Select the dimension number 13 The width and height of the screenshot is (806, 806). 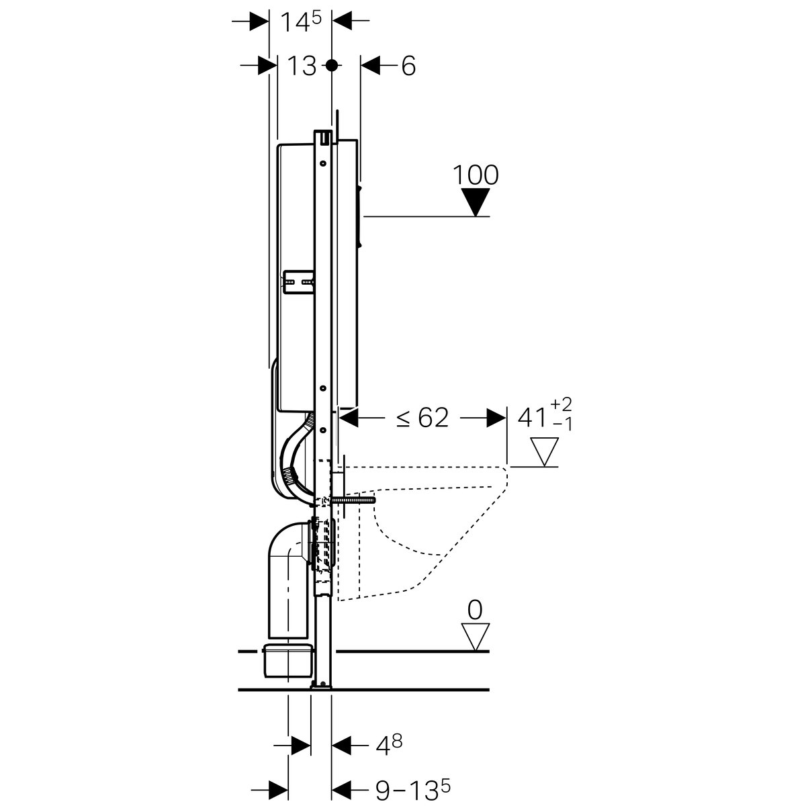[302, 66]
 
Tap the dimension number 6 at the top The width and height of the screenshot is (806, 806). [408, 66]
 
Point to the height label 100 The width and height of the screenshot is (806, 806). [476, 175]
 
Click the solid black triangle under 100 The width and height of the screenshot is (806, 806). [476, 201]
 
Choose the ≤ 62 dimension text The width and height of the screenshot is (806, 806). [422, 417]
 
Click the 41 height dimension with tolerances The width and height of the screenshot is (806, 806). [545, 415]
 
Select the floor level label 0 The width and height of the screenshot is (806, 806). [475, 611]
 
